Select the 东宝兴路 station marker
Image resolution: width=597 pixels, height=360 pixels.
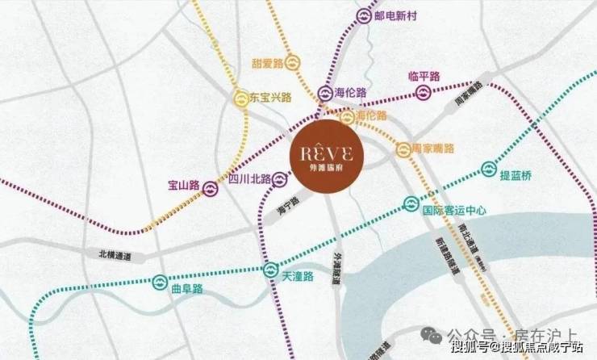[x=240, y=99]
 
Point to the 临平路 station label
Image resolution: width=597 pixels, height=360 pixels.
[x=424, y=77]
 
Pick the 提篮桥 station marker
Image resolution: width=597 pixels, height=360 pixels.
[x=487, y=169]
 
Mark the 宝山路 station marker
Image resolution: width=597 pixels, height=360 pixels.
[x=208, y=189]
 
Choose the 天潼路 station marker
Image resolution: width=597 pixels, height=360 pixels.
[x=271, y=270]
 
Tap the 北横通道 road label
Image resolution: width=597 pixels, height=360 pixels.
[x=115, y=256]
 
